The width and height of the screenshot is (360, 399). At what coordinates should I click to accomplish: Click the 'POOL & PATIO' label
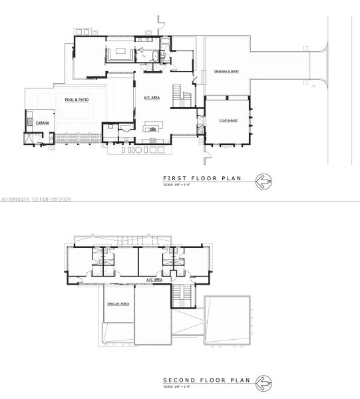(77, 100)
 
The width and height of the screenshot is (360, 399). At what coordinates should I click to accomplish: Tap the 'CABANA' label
(35, 122)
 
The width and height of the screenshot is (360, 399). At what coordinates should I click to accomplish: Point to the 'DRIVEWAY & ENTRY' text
(226, 71)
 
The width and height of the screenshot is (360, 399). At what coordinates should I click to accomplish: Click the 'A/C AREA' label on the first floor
(151, 98)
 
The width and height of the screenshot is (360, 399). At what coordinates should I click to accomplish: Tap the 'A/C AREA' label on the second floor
(154, 281)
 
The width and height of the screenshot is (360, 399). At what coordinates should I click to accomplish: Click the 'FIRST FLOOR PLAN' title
(202, 178)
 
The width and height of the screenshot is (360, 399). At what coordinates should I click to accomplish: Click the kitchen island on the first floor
(154, 124)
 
